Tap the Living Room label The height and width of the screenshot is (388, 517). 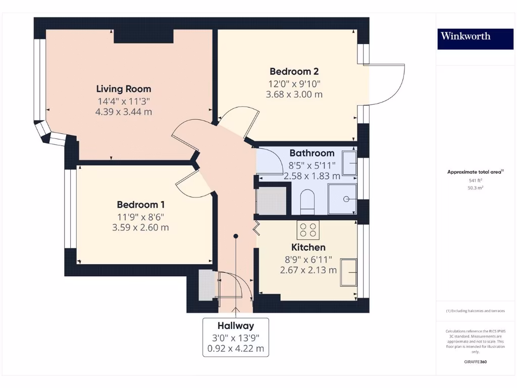(124, 89)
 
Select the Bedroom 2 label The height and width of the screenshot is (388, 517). (294, 71)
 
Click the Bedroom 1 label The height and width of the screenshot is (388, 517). (140, 205)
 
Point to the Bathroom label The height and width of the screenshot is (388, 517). (312, 153)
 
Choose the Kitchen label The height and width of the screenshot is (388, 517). (308, 247)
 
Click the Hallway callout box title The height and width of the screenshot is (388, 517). (235, 326)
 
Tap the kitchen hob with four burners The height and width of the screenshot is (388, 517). (308, 230)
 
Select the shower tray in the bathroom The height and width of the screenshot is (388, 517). (342, 199)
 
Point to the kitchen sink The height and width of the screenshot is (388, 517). (348, 272)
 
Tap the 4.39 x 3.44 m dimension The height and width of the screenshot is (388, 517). (124, 112)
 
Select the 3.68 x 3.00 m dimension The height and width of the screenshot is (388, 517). (294, 94)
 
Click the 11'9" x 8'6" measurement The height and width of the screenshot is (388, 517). (140, 217)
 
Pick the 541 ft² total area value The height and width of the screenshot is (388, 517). (475, 180)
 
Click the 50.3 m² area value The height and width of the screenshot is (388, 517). (475, 188)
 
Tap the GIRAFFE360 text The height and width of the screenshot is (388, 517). (475, 362)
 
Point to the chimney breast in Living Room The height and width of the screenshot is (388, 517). (144, 36)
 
